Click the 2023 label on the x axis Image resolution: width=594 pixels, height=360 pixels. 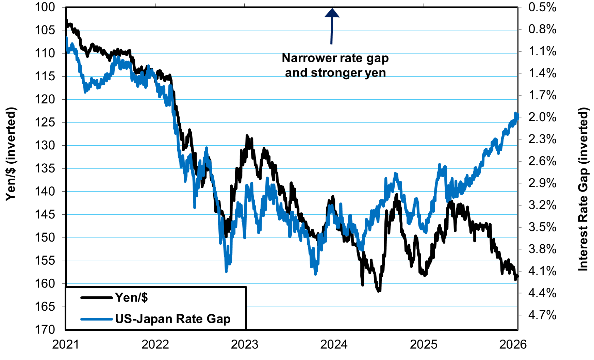245,345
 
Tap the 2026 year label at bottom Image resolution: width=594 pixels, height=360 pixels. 513,345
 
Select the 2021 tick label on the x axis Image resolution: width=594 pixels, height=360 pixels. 66,345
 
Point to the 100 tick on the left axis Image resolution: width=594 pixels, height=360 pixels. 45,7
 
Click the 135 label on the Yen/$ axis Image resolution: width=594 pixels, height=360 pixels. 45,168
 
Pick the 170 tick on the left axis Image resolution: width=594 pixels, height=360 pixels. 45,329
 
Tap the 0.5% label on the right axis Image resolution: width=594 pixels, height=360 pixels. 542,7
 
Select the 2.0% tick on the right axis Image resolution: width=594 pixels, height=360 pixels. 542,117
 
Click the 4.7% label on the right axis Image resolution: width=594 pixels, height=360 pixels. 542,315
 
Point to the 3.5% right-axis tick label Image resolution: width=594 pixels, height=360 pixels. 542,227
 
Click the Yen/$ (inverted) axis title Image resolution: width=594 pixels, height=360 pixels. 11,154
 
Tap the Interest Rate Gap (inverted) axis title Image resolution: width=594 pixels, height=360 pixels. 583,189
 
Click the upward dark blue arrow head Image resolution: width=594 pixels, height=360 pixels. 332,13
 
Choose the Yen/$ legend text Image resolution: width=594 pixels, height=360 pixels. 131,298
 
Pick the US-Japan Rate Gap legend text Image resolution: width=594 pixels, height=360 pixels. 173,319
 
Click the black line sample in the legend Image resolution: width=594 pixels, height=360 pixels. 96,298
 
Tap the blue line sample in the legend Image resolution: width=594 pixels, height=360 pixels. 96,319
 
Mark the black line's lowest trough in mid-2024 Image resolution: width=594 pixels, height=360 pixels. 379,291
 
